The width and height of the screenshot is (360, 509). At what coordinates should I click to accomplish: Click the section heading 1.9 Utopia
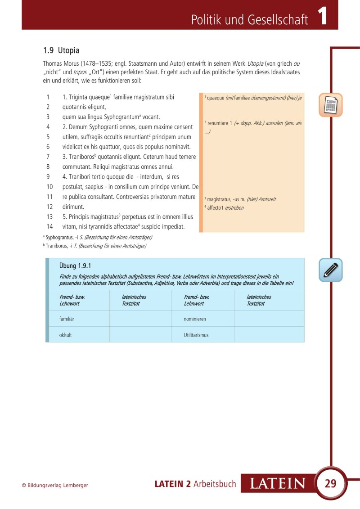61,50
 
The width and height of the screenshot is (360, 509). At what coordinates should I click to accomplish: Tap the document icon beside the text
331,105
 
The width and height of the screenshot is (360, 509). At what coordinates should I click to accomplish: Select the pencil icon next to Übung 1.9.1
331,270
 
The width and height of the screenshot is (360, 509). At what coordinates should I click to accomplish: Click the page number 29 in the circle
330,484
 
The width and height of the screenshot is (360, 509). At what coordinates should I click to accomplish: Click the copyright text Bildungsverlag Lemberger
55,485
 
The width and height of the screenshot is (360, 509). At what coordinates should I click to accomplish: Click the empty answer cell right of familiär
140,319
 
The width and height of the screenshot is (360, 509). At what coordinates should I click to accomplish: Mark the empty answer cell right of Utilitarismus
269,335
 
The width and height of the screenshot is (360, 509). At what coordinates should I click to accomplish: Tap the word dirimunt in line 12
73,207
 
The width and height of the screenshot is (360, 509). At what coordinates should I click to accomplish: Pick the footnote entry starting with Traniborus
95,246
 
